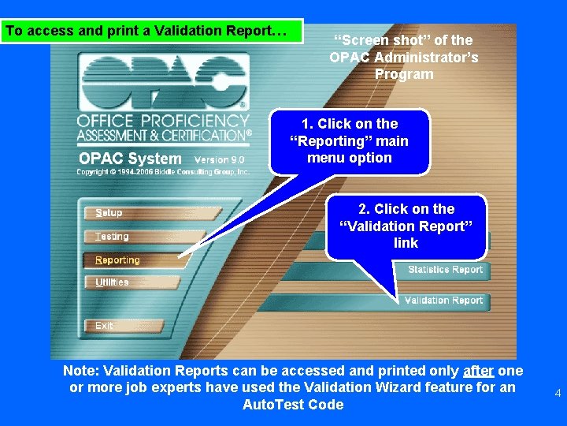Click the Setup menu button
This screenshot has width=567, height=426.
tap(109, 213)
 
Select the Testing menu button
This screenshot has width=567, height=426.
tap(112, 237)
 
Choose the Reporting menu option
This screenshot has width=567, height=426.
tap(117, 260)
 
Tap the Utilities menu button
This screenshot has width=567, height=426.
tap(112, 282)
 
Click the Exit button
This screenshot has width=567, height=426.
tap(104, 326)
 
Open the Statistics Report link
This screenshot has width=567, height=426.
tap(445, 270)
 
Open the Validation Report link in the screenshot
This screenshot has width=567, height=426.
tap(443, 301)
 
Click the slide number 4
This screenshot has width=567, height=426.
tap(558, 393)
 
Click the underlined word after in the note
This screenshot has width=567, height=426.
tap(479, 371)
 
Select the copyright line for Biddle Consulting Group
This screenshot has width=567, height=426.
tap(163, 171)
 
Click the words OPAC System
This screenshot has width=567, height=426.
tap(130, 159)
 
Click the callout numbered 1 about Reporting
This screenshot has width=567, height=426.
tap(350, 140)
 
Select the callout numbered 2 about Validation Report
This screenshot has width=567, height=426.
tap(406, 226)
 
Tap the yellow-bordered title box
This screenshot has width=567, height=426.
tap(152, 32)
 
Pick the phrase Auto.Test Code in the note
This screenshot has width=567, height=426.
tap(293, 405)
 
